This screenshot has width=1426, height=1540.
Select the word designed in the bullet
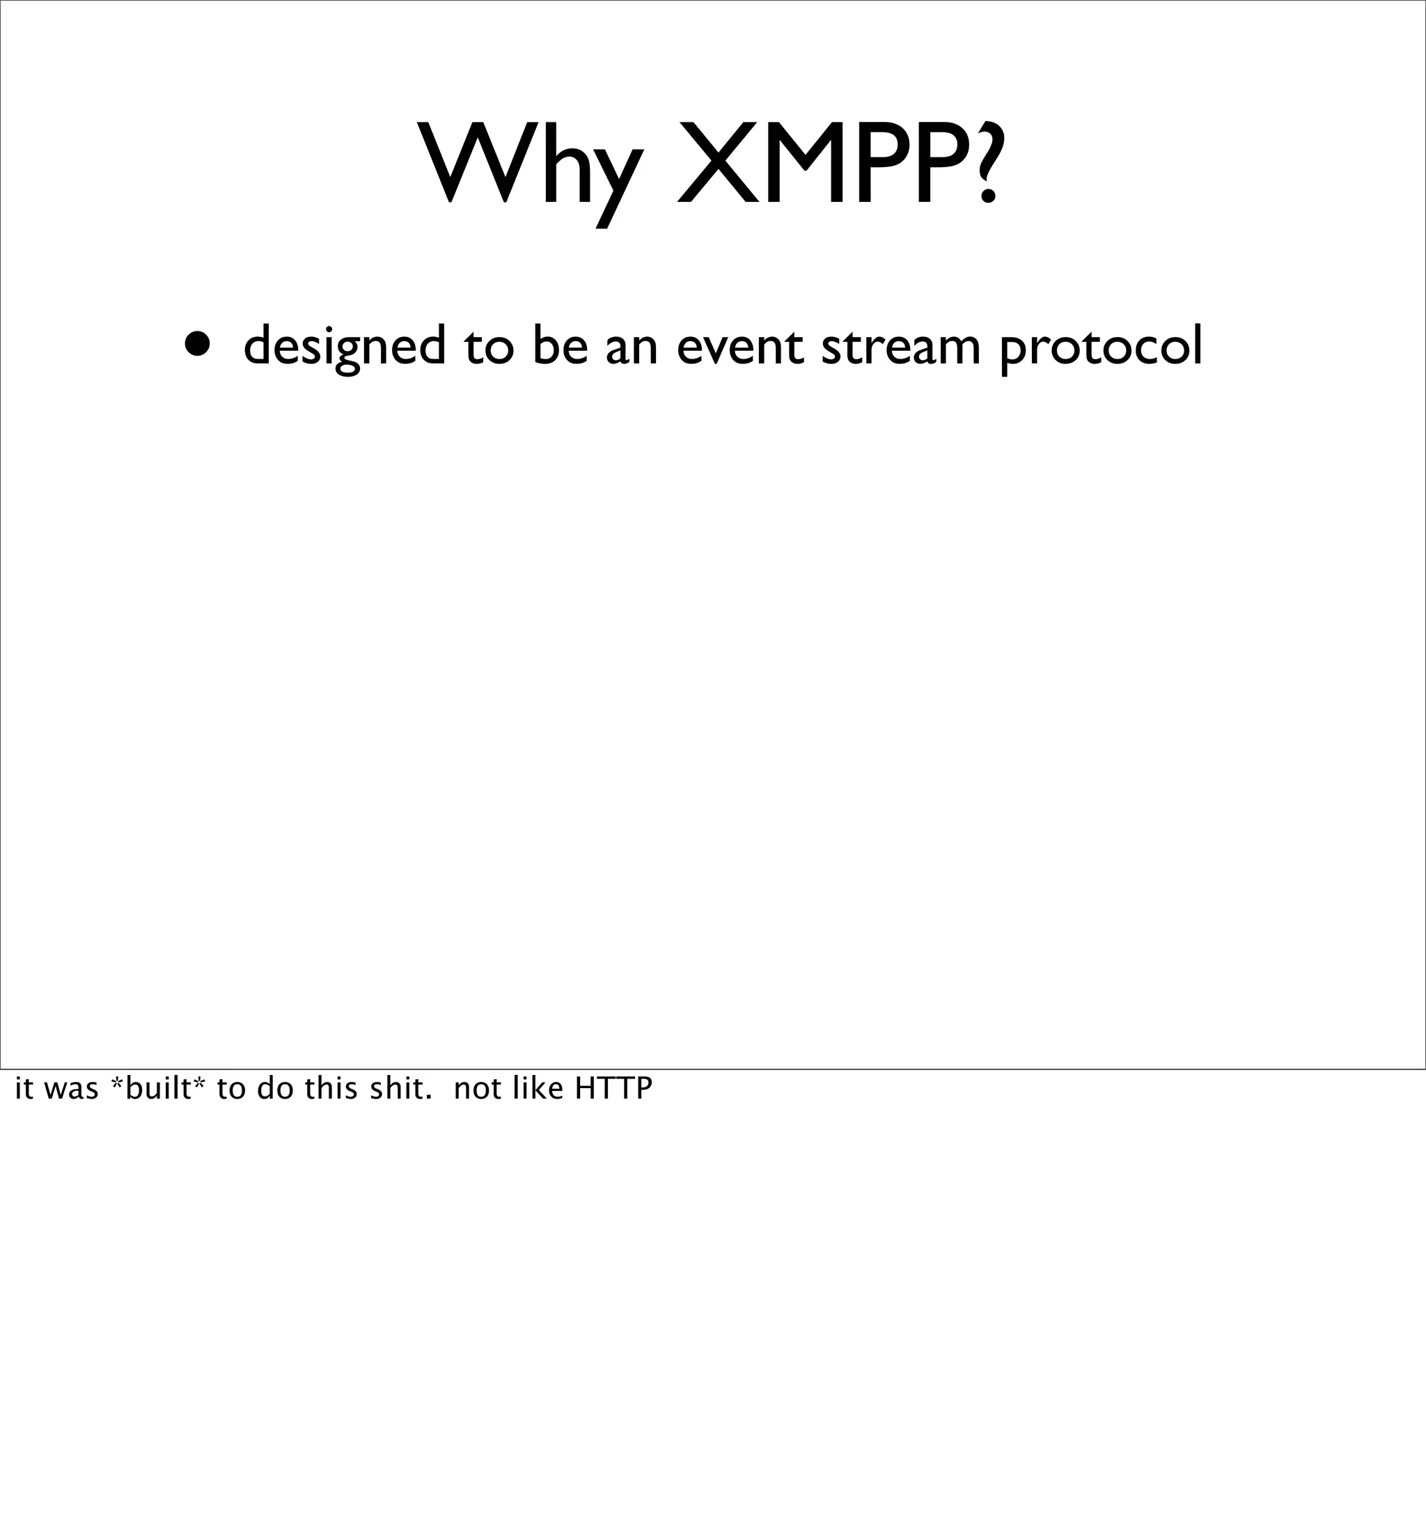[x=344, y=347]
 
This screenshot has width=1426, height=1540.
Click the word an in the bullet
[x=632, y=347]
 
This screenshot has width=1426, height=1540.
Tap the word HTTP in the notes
[x=613, y=1089]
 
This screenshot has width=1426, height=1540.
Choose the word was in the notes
[x=72, y=1089]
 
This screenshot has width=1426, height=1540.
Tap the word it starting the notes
[x=24, y=1089]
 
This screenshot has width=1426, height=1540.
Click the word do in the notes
[x=273, y=1089]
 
